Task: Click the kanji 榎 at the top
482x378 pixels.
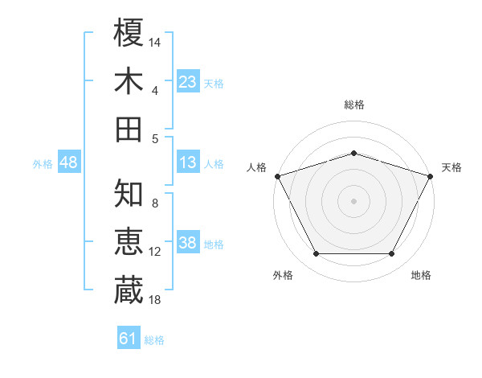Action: (x=129, y=33)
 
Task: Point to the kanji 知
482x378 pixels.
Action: (x=129, y=193)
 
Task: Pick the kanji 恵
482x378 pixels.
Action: (x=129, y=241)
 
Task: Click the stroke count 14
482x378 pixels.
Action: (x=155, y=41)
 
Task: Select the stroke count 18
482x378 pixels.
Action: (x=155, y=299)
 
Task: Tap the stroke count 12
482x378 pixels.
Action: (x=155, y=252)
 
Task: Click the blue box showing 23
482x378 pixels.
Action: (x=188, y=81)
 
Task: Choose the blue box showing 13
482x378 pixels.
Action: (x=188, y=162)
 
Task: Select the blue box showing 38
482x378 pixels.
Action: (x=188, y=243)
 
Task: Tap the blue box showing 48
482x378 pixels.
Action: (x=69, y=162)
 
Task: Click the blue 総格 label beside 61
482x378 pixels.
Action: (x=154, y=340)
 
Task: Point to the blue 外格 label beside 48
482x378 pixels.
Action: (x=43, y=164)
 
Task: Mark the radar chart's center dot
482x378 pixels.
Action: (x=353, y=200)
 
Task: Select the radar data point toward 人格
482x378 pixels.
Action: (x=277, y=175)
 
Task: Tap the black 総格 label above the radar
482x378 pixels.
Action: (x=353, y=105)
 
